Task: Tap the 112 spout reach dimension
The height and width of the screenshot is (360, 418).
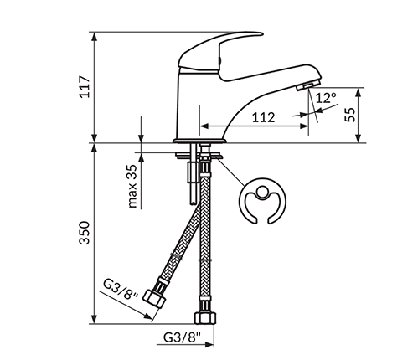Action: tap(263, 118)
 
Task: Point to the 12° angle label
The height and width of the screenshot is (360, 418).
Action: tap(326, 98)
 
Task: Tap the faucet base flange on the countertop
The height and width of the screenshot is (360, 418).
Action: tap(200, 138)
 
